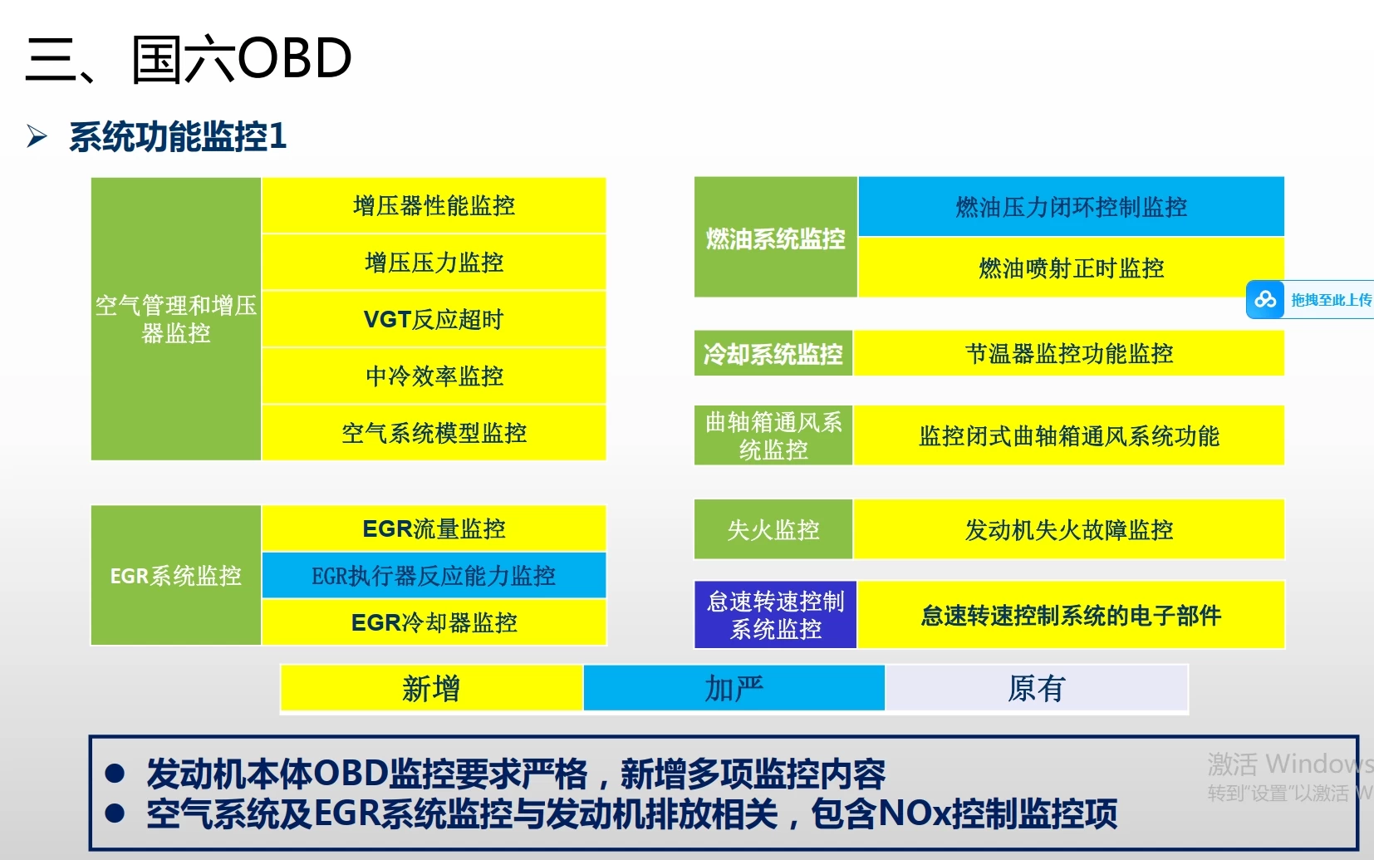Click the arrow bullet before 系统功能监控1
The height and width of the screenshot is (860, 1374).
(x=37, y=135)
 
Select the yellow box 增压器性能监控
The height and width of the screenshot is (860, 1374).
(x=434, y=205)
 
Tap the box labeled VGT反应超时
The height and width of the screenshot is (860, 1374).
(x=434, y=319)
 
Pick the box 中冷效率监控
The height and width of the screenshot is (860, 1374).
(x=434, y=376)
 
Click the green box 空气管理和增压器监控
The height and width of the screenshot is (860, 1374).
(x=176, y=319)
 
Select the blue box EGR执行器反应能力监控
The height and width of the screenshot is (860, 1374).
(x=434, y=575)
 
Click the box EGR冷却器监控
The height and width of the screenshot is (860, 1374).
(x=434, y=622)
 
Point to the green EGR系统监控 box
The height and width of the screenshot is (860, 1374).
(x=176, y=575)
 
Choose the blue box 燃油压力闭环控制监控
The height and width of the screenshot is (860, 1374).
(x=1071, y=206)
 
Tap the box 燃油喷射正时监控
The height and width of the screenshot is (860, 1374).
(x=1071, y=268)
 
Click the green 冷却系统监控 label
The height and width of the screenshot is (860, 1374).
(x=773, y=354)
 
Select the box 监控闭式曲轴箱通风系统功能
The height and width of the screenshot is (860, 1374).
(x=1069, y=435)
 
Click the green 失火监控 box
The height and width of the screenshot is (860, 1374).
(x=773, y=529)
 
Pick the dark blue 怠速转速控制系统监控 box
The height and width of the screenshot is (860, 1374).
(x=775, y=615)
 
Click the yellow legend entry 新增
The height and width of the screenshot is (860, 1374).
(x=431, y=688)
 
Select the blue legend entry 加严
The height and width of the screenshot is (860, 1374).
(x=734, y=688)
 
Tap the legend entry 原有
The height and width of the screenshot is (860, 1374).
(x=1036, y=688)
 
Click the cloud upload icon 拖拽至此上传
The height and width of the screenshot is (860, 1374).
(x=1265, y=299)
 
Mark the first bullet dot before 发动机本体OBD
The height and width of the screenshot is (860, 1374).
(x=115, y=774)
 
